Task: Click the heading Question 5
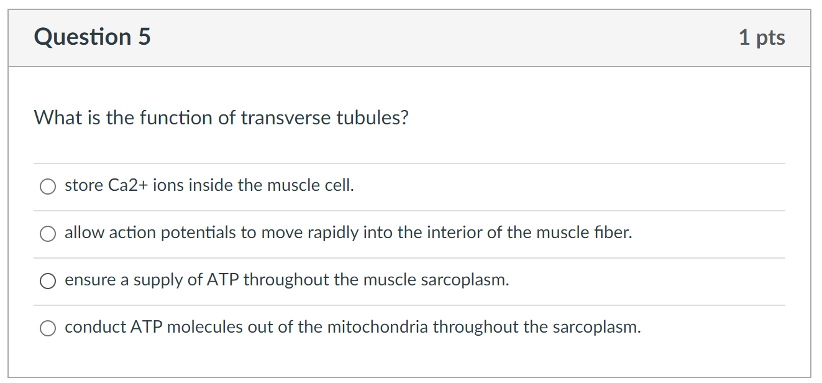click(92, 37)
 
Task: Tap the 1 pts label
click(762, 38)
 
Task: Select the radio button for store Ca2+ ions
click(48, 186)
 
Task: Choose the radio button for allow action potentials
click(48, 233)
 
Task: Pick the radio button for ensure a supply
click(48, 281)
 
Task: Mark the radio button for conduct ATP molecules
click(48, 328)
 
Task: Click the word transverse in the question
click(286, 118)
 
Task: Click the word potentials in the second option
click(199, 233)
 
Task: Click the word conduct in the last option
click(95, 327)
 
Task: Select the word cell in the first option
click(340, 185)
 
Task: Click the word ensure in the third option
click(90, 280)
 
